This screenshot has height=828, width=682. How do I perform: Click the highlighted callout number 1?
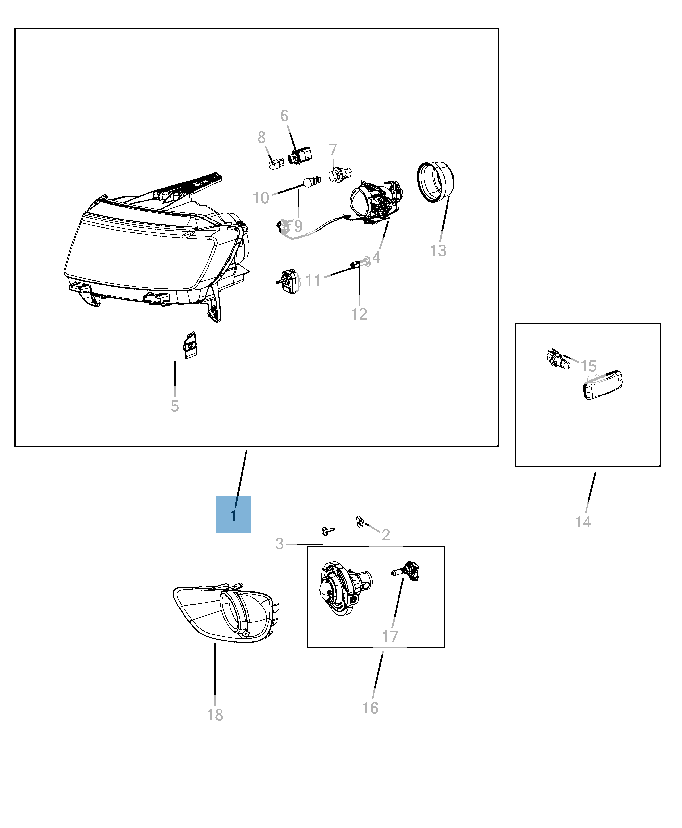pyautogui.click(x=234, y=515)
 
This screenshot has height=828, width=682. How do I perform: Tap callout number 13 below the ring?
pyautogui.click(x=438, y=250)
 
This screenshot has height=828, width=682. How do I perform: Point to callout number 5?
pyautogui.click(x=175, y=406)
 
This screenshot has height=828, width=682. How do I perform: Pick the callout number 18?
pyautogui.click(x=215, y=714)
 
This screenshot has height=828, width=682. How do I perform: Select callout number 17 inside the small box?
pyautogui.click(x=390, y=636)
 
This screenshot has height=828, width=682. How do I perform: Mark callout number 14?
pyautogui.click(x=583, y=521)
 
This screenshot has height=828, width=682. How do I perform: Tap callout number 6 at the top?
pyautogui.click(x=284, y=116)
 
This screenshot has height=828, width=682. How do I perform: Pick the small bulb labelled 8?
pyautogui.click(x=276, y=163)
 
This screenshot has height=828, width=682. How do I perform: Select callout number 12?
pyautogui.click(x=359, y=314)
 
